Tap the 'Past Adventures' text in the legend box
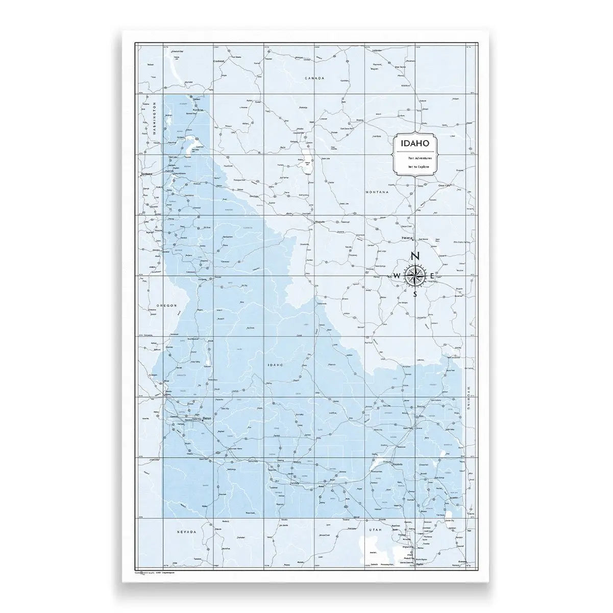pyautogui.click(x=412, y=158)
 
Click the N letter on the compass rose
pyautogui.click(x=415, y=256)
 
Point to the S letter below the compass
pyautogui.click(x=415, y=294)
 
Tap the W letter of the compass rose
pyautogui.click(x=397, y=276)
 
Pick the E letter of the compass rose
pyautogui.click(x=432, y=276)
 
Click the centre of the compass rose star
pyautogui.click(x=415, y=276)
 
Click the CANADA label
pyautogui.click(x=314, y=78)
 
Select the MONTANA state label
pyautogui.click(x=377, y=192)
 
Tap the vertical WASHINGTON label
pyautogui.click(x=153, y=118)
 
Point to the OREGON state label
pyautogui.click(x=166, y=305)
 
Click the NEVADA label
pyautogui.click(x=186, y=532)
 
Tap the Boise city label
pyautogui.click(x=207, y=419)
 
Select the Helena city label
pyautogui.click(x=407, y=238)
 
